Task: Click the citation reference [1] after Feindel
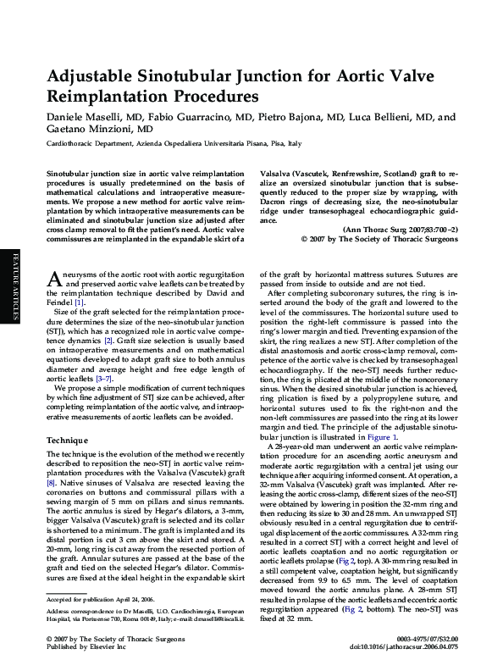coord(80,302)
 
